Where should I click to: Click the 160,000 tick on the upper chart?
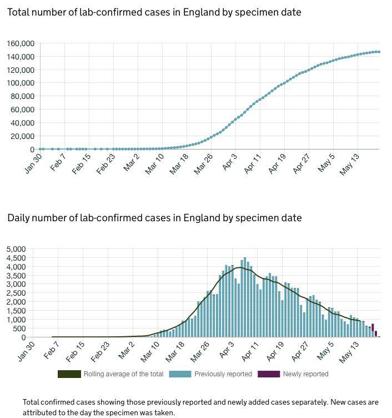[21, 43]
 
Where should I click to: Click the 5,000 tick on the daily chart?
[16, 248]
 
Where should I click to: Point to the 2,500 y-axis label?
[16, 293]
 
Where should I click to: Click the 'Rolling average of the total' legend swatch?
[69, 374]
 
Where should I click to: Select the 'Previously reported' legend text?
[223, 374]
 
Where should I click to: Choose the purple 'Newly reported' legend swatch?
[269, 374]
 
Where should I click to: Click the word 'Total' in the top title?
[19, 12]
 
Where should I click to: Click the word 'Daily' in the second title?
[19, 218]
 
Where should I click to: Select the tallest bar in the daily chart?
[245, 297]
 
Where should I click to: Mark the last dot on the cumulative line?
[379, 52]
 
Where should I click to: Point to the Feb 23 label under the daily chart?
[102, 351]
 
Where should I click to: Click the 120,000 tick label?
[21, 70]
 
